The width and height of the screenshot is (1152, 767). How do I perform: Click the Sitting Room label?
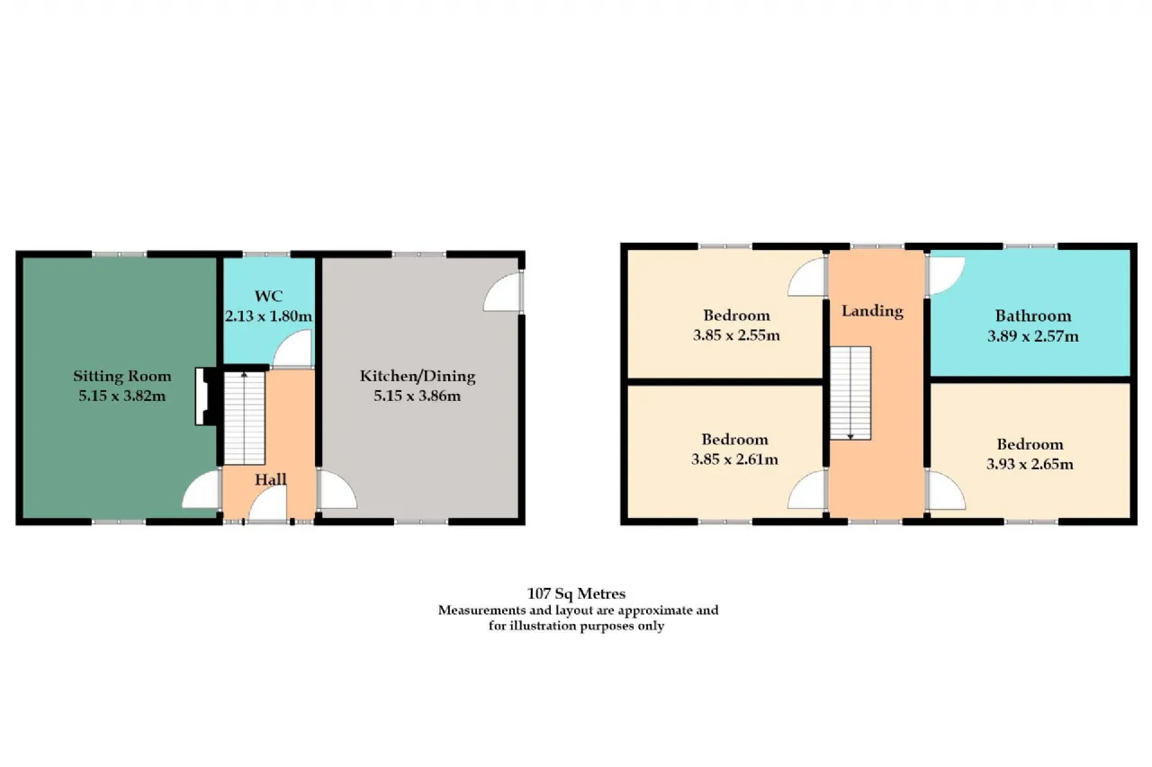pyautogui.click(x=121, y=376)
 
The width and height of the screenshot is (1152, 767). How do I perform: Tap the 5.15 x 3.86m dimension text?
pyautogui.click(x=417, y=396)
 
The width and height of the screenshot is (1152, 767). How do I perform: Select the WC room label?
pyautogui.click(x=268, y=296)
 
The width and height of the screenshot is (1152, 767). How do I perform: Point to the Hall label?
pyautogui.click(x=271, y=479)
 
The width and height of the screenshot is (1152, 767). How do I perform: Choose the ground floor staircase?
pyautogui.click(x=244, y=418)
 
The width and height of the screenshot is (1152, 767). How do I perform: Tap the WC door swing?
pyautogui.click(x=292, y=349)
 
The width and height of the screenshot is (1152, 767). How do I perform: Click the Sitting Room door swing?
pyautogui.click(x=202, y=489)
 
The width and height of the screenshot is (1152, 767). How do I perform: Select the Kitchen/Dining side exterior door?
pyautogui.click(x=503, y=292)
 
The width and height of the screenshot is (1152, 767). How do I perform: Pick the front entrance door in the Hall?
pyautogui.click(x=267, y=504)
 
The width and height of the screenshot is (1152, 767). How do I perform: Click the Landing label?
pyautogui.click(x=872, y=311)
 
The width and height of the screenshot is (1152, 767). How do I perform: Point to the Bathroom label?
pyautogui.click(x=1032, y=316)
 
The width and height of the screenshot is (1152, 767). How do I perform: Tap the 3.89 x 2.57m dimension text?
pyautogui.click(x=1032, y=336)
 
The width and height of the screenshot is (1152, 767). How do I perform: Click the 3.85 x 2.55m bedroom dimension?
pyautogui.click(x=736, y=335)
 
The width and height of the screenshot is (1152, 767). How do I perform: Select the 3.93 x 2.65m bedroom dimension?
pyautogui.click(x=1030, y=464)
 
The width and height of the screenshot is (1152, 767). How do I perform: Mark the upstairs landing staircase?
pyautogui.click(x=850, y=393)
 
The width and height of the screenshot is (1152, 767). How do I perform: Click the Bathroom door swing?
pyautogui.click(x=945, y=276)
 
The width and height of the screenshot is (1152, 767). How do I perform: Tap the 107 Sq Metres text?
pyautogui.click(x=576, y=593)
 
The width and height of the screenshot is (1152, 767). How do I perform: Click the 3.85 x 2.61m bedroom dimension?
pyautogui.click(x=734, y=459)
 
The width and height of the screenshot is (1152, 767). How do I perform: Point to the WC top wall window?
pyautogui.click(x=265, y=254)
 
